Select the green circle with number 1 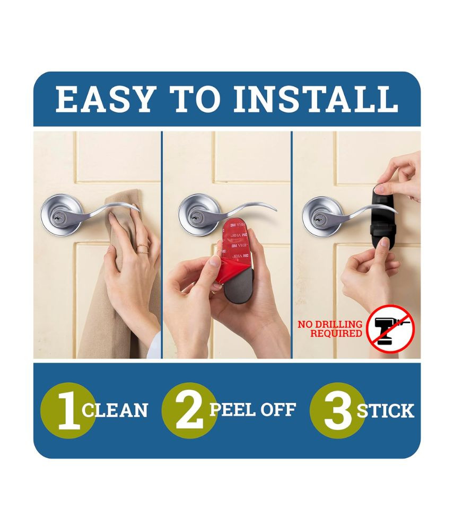pyautogui.click(x=68, y=410)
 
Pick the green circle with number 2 pyautogui.click(x=189, y=410)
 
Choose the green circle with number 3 pyautogui.click(x=337, y=410)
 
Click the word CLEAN pyautogui.click(x=115, y=410)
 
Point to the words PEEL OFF pyautogui.click(x=252, y=409)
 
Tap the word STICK pyautogui.click(x=386, y=410)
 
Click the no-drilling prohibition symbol pyautogui.click(x=391, y=329)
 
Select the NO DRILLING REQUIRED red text pyautogui.click(x=330, y=329)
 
